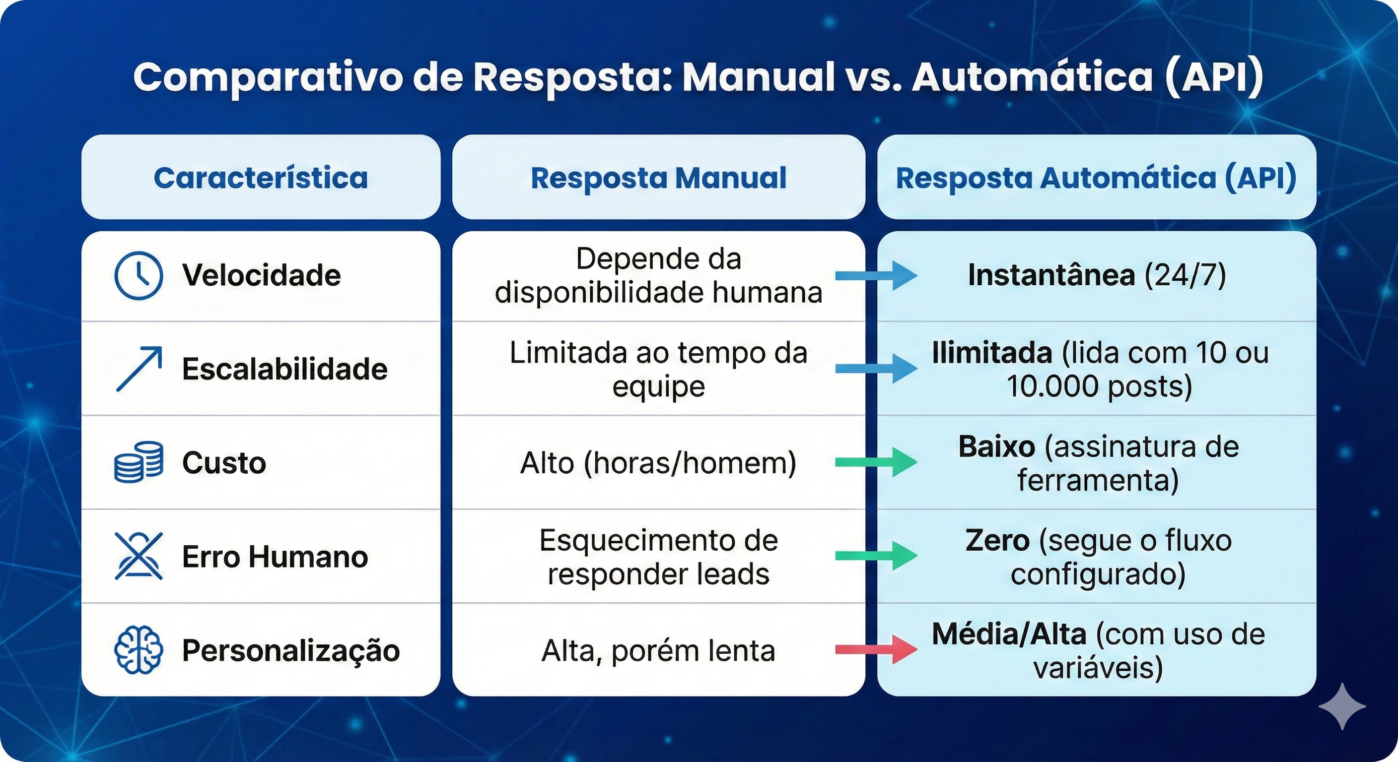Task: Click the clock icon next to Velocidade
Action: [x=139, y=275]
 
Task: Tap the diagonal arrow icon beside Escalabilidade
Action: [x=139, y=369]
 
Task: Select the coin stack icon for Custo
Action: [x=139, y=462]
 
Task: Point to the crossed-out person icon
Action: [x=139, y=556]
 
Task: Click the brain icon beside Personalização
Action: [x=139, y=650]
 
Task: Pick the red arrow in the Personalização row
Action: [x=876, y=650]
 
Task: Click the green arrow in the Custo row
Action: [x=876, y=462]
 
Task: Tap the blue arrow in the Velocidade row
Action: [x=876, y=275]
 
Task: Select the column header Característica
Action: [x=261, y=178]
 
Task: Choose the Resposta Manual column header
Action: [x=658, y=178]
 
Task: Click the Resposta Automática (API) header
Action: [x=1096, y=178]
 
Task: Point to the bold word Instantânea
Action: [x=1051, y=275]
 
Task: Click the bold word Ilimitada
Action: [x=992, y=353]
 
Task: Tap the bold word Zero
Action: [x=997, y=540]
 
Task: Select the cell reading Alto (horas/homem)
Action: [x=658, y=463]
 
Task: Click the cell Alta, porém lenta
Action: [x=658, y=651]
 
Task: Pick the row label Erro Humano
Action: [x=275, y=557]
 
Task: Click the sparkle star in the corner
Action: [x=1342, y=706]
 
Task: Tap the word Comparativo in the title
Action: [x=269, y=77]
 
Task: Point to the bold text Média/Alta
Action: [x=1009, y=634]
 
